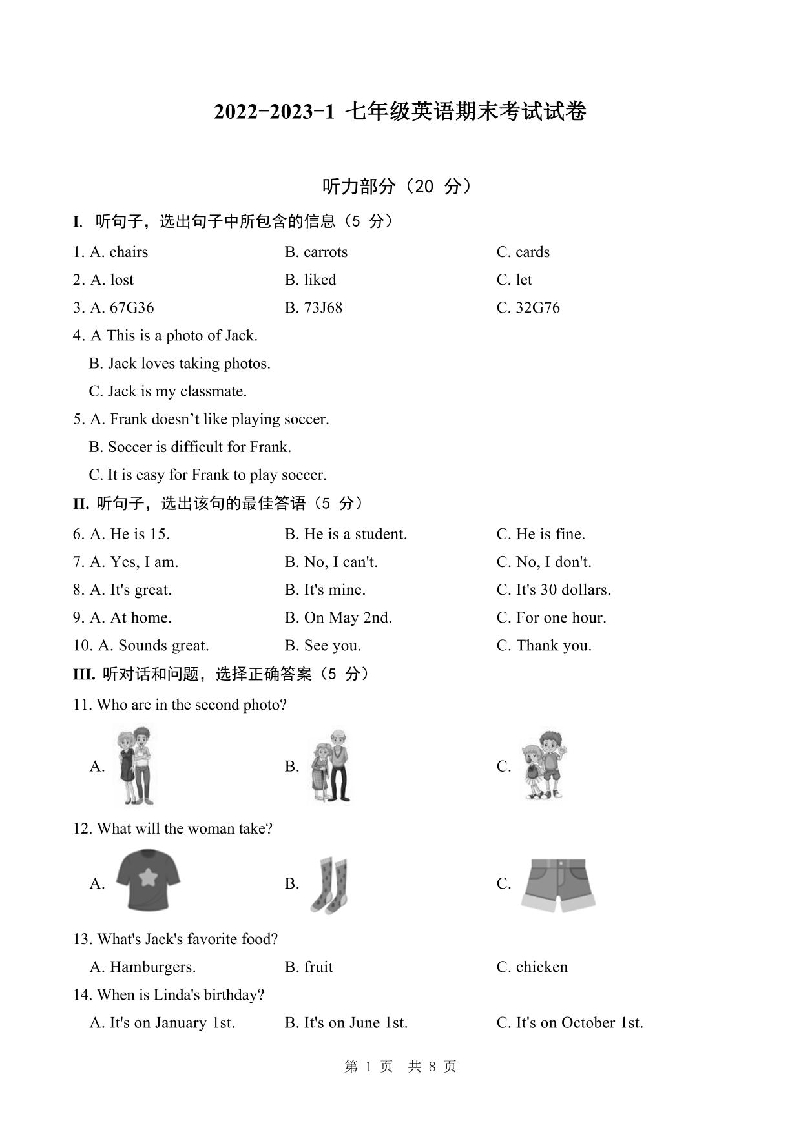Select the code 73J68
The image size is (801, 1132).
[x=323, y=307]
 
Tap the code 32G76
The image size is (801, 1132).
[x=537, y=307]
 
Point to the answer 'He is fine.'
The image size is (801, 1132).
[x=550, y=534]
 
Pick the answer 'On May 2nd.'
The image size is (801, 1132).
[x=348, y=617]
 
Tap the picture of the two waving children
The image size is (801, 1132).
[x=544, y=767]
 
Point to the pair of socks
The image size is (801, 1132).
[x=329, y=884]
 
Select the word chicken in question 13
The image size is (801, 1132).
[x=541, y=967]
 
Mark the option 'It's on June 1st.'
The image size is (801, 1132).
[x=355, y=1022]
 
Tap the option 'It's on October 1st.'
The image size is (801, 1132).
[x=579, y=1022]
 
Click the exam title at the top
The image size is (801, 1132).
[x=400, y=112]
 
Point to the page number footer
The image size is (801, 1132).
[x=400, y=1066]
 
